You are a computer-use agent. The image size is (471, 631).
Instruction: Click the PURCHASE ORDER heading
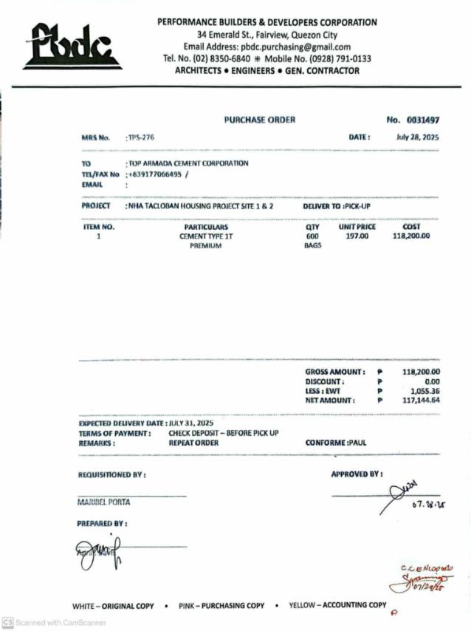(259, 120)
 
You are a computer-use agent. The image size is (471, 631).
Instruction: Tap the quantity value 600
(312, 236)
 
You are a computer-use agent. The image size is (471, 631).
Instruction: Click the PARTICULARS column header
(206, 227)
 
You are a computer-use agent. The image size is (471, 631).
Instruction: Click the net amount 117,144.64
(422, 400)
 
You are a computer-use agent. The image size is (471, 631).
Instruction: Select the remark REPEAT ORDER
(193, 443)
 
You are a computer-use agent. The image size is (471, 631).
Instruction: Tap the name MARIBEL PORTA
(104, 502)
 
